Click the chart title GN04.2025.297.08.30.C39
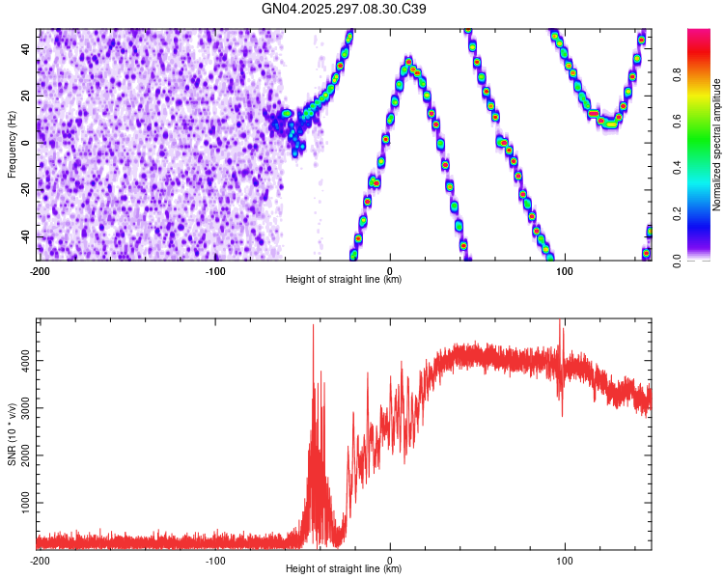tap(345, 9)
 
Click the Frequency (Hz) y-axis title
tap(12, 144)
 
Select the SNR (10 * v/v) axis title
tap(12, 435)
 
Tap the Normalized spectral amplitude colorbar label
tap(717, 145)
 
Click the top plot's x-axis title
tap(344, 280)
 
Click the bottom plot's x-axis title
tap(344, 569)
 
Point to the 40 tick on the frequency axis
tap(27, 48)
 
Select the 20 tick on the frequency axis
tap(27, 96)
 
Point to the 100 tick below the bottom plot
tap(565, 560)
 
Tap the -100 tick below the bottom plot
tap(214, 560)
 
